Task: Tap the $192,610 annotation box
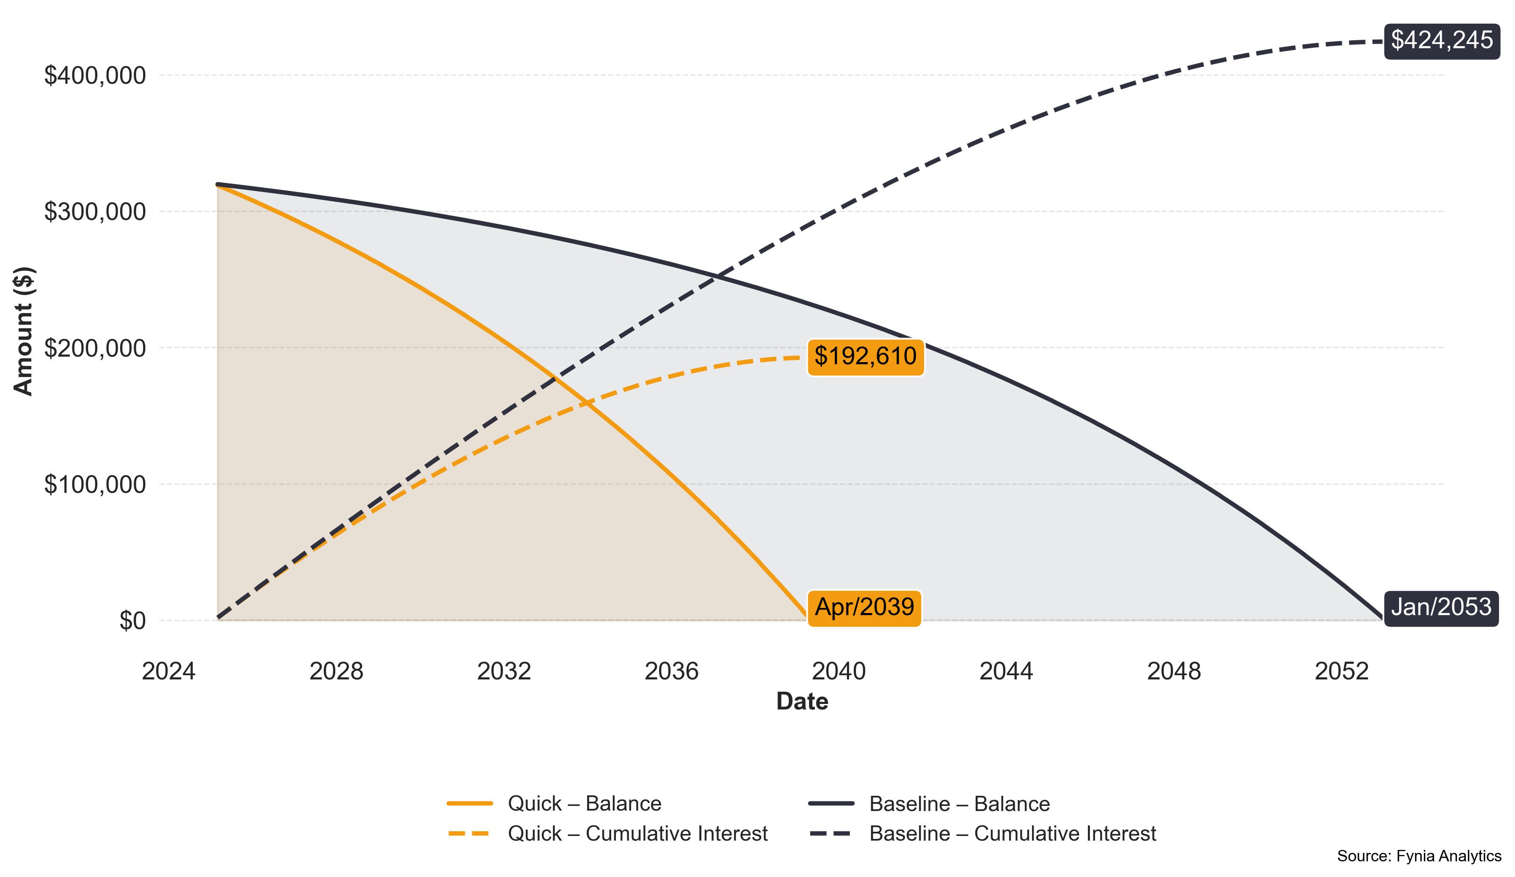(x=865, y=357)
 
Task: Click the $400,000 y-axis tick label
(x=95, y=76)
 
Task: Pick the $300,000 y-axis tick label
(x=95, y=212)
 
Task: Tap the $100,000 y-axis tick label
(x=95, y=485)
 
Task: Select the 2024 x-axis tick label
(x=168, y=671)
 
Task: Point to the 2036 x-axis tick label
(x=671, y=671)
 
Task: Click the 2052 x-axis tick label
(x=1341, y=671)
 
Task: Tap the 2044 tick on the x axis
(x=1006, y=671)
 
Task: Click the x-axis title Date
(x=802, y=701)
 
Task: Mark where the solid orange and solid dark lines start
(x=217, y=185)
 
